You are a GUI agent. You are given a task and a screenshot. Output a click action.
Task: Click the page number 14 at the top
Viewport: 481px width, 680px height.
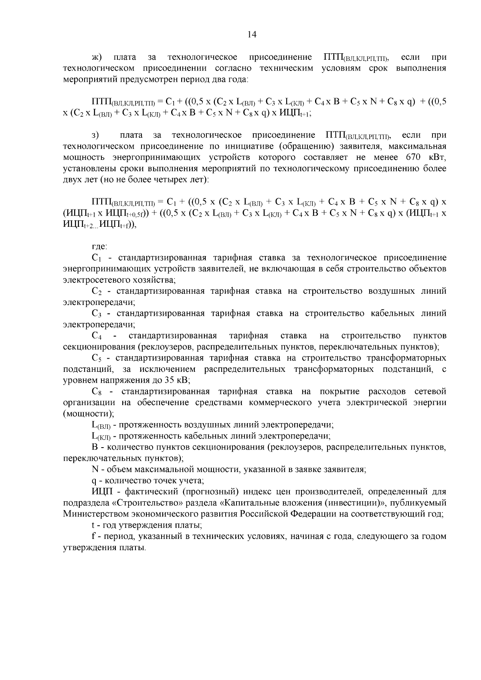(252, 34)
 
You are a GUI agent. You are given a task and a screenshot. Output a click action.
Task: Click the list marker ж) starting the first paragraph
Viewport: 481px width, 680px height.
(99, 57)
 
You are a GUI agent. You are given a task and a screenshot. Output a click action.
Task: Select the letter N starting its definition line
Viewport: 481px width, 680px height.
(95, 469)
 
